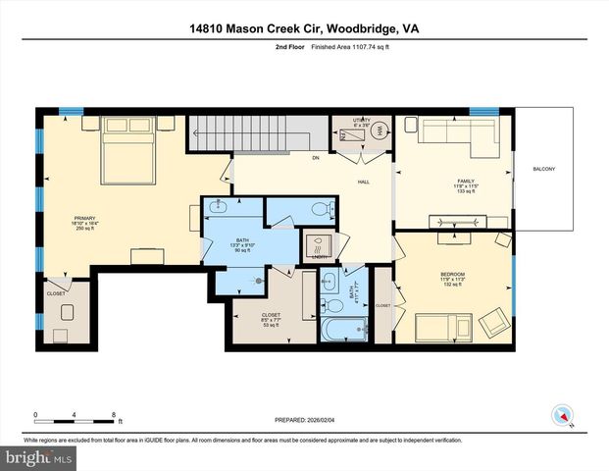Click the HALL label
[362, 182]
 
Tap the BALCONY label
[543, 170]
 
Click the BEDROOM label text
[452, 274]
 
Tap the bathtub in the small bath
[346, 328]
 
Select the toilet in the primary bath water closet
[318, 208]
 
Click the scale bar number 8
[116, 416]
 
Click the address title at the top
[303, 29]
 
